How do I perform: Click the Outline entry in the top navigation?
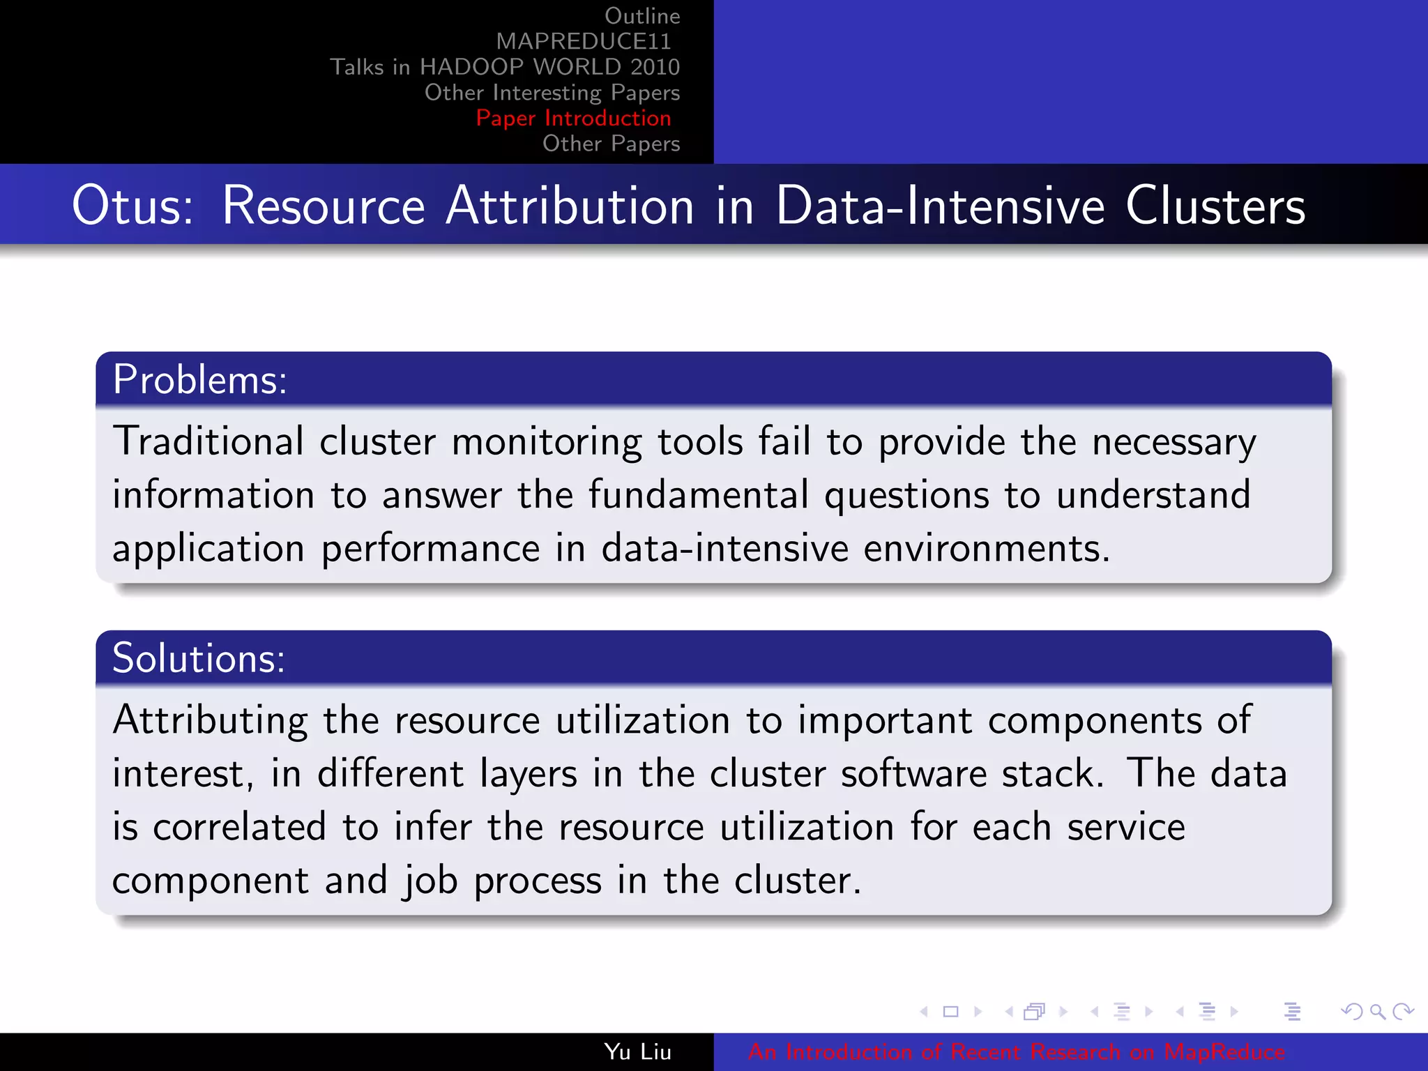(641, 16)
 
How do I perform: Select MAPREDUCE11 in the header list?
(583, 42)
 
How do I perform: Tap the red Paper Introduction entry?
(573, 119)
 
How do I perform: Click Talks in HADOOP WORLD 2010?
(505, 67)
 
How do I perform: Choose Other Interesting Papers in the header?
(552, 93)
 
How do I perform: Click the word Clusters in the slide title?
(1215, 206)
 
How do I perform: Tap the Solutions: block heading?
(199, 658)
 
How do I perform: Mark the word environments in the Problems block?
(986, 549)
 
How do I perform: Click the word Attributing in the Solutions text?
(210, 720)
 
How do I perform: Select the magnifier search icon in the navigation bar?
(1377, 1012)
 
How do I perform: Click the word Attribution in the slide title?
(570, 206)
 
